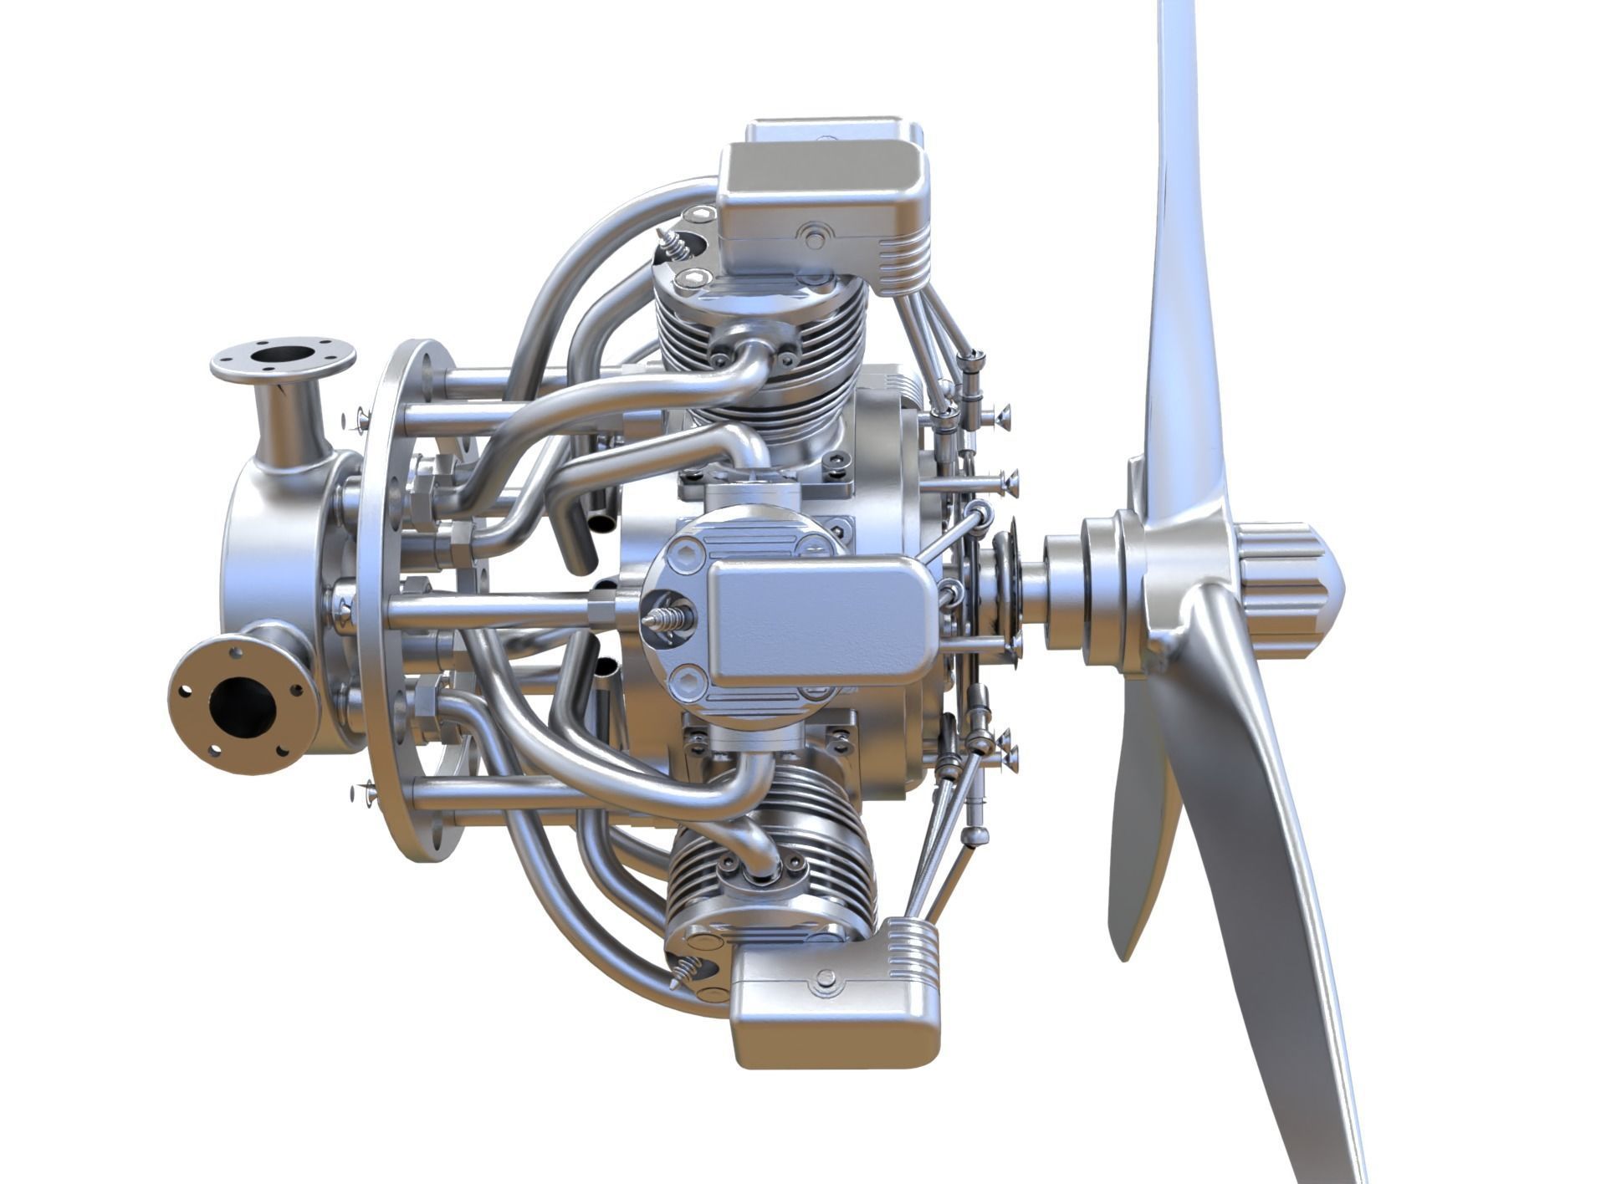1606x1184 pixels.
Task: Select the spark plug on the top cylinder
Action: pos(673,242)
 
